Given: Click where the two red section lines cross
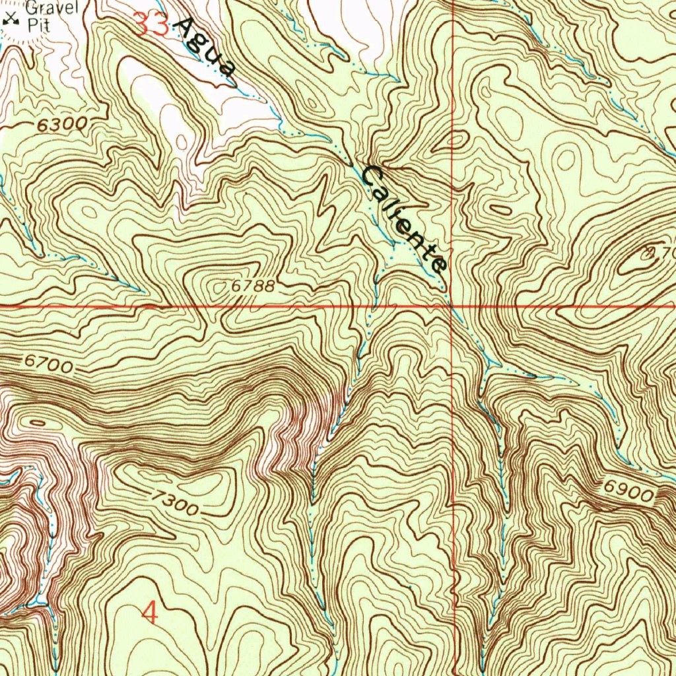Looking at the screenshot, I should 452,307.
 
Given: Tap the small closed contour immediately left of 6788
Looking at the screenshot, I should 217,287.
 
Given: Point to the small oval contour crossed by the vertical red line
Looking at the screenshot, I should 456,140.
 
